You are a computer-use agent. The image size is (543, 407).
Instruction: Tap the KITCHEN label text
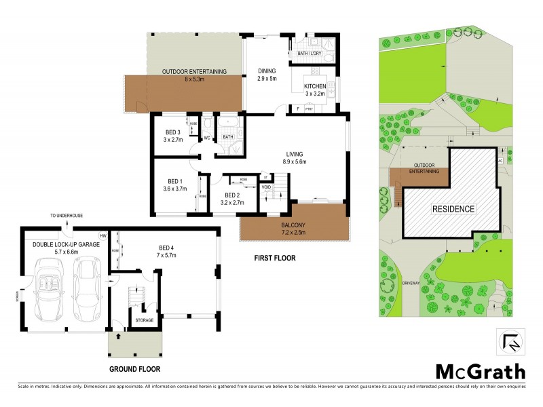pyautogui.click(x=315, y=87)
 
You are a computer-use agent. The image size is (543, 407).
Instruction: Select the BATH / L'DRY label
pyautogui.click(x=311, y=53)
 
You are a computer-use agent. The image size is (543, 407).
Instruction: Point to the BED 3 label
pyautogui.click(x=172, y=132)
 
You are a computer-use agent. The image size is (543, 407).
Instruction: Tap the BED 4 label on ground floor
pyautogui.click(x=165, y=250)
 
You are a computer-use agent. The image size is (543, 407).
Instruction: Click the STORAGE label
pyautogui.click(x=143, y=320)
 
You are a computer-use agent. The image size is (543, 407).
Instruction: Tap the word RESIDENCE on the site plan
pyautogui.click(x=453, y=209)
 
